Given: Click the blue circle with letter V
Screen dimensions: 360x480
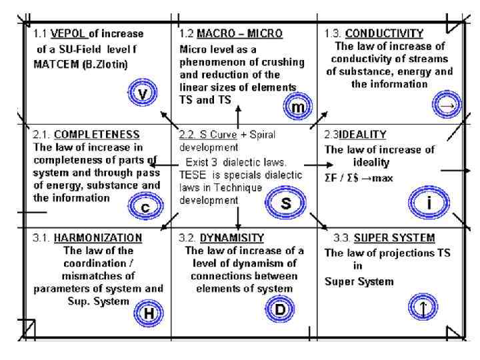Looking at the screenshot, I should coord(141,94).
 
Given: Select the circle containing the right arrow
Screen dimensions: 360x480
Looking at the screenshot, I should coord(446,103).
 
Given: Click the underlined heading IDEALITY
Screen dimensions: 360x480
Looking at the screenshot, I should coord(364,134).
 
